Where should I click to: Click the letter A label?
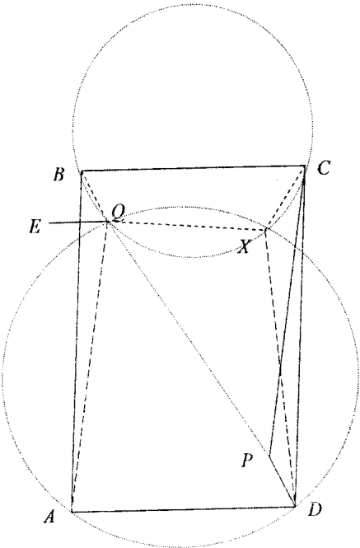pyautogui.click(x=49, y=517)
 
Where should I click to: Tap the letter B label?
pyautogui.click(x=58, y=175)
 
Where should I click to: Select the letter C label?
pyautogui.click(x=324, y=168)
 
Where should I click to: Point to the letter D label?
pyautogui.click(x=315, y=510)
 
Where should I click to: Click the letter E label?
pyautogui.click(x=35, y=227)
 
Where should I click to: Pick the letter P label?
pyautogui.click(x=247, y=461)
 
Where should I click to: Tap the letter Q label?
pyautogui.click(x=118, y=213)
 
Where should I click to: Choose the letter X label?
pyautogui.click(x=245, y=247)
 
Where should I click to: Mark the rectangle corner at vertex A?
pyautogui.click(x=72, y=512)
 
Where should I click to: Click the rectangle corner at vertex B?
pyautogui.click(x=82, y=171)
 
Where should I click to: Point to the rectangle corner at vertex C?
pyautogui.click(x=305, y=166)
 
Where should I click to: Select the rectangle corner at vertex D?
pyautogui.click(x=295, y=506)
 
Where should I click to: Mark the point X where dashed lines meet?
pyautogui.click(x=266, y=230)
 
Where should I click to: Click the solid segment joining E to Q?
pyautogui.click(x=78, y=222)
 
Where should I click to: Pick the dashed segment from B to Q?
pyautogui.click(x=95, y=196)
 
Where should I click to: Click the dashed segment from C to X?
pyautogui.click(x=286, y=198)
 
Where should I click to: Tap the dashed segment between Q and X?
pyautogui.click(x=187, y=226)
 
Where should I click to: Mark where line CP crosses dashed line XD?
pyautogui.click(x=280, y=366)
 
